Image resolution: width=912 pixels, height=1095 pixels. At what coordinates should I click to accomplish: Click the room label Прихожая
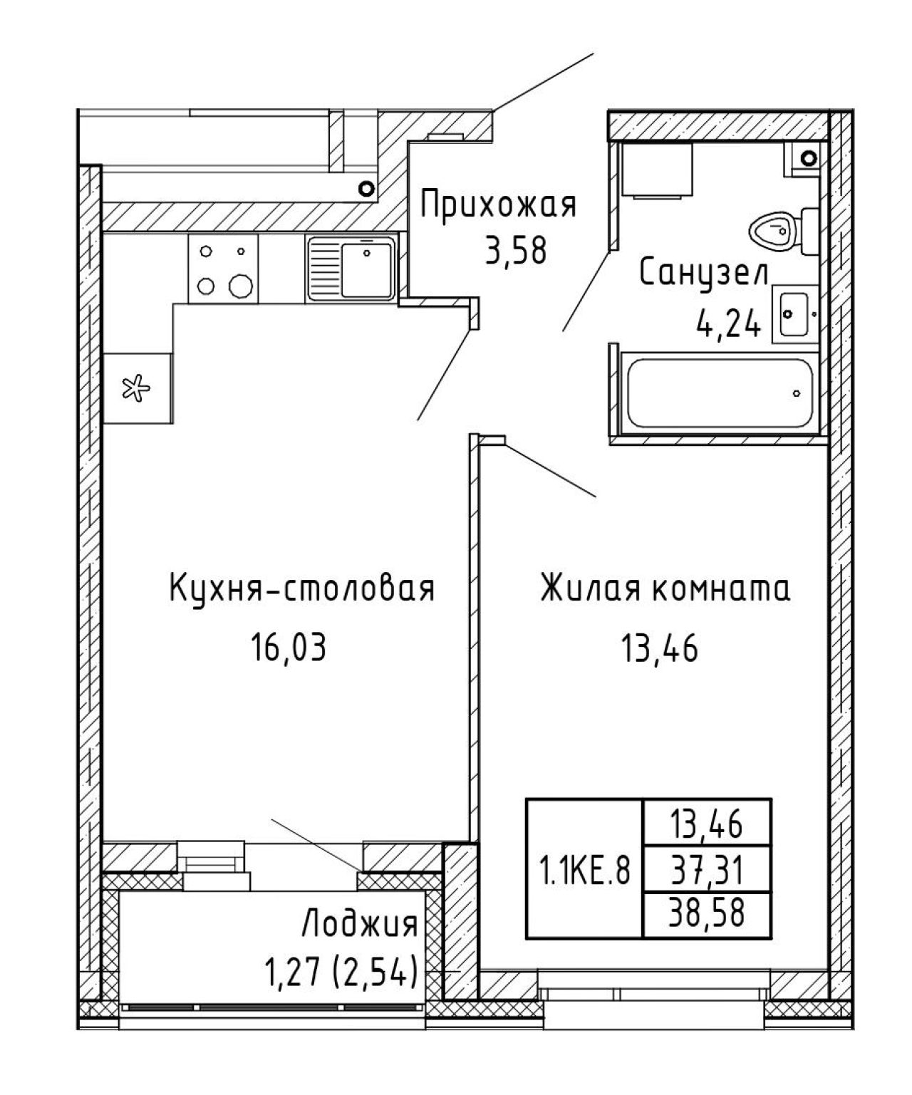[x=498, y=206]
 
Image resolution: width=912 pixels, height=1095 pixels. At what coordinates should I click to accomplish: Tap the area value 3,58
[x=516, y=251]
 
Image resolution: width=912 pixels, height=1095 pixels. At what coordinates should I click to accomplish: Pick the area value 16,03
[x=289, y=647]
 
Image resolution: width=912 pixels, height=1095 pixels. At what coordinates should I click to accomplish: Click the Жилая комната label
[x=665, y=588]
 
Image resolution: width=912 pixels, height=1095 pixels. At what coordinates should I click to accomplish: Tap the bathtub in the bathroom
[x=720, y=393]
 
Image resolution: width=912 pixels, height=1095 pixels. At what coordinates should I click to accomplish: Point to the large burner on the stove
[x=241, y=286]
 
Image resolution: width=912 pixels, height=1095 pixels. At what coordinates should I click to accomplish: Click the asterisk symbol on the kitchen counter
[x=136, y=388]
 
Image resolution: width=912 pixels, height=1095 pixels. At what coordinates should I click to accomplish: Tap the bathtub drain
[x=796, y=393]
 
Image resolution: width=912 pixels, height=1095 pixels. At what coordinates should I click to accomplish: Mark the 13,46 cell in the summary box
[x=706, y=825]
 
